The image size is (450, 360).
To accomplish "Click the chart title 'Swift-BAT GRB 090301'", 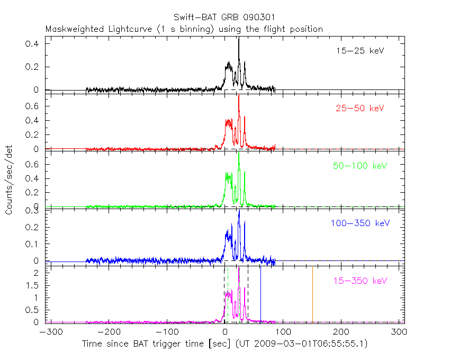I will pyautogui.click(x=224, y=17).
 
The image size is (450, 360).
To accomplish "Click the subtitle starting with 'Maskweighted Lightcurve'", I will pyautogui.click(x=184, y=29).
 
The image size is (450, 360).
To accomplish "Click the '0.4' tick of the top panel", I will pyautogui.click(x=33, y=44).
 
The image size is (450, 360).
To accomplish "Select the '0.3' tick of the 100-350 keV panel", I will pyautogui.click(x=33, y=211).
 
